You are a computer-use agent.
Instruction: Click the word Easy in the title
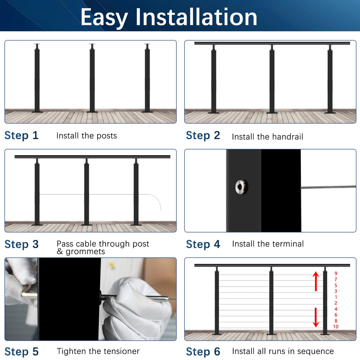click(x=104, y=17)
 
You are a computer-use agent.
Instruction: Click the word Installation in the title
click(x=196, y=17)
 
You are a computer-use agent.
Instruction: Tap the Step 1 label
click(x=21, y=135)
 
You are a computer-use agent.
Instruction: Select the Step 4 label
click(x=203, y=244)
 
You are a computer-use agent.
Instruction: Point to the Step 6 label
click(x=203, y=351)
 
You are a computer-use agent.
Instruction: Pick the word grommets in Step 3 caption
click(x=85, y=251)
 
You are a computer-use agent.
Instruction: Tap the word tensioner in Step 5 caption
click(x=121, y=351)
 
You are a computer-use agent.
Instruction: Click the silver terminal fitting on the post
click(x=241, y=187)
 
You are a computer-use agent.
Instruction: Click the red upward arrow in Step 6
click(x=316, y=281)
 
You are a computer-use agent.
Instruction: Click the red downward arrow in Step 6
click(x=316, y=318)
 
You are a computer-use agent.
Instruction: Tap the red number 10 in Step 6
click(x=335, y=326)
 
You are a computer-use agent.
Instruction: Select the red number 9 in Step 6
click(x=336, y=273)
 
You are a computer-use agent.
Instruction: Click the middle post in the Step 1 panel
click(x=92, y=79)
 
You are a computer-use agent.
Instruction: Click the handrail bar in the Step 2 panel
click(x=272, y=43)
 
